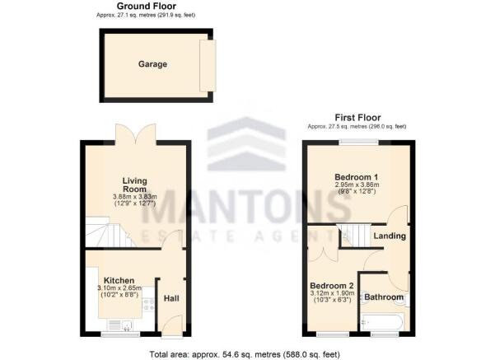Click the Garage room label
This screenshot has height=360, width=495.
[152, 63]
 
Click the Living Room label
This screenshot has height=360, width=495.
[134, 184]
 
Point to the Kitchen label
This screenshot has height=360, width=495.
[119, 280]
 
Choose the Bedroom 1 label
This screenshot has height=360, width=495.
[357, 178]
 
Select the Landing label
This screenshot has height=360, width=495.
[390, 236]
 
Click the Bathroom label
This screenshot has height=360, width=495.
[384, 297]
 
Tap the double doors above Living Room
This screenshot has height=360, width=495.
[135, 133]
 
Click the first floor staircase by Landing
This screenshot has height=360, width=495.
[353, 236]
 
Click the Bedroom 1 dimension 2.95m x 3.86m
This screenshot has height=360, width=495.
[357, 187]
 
